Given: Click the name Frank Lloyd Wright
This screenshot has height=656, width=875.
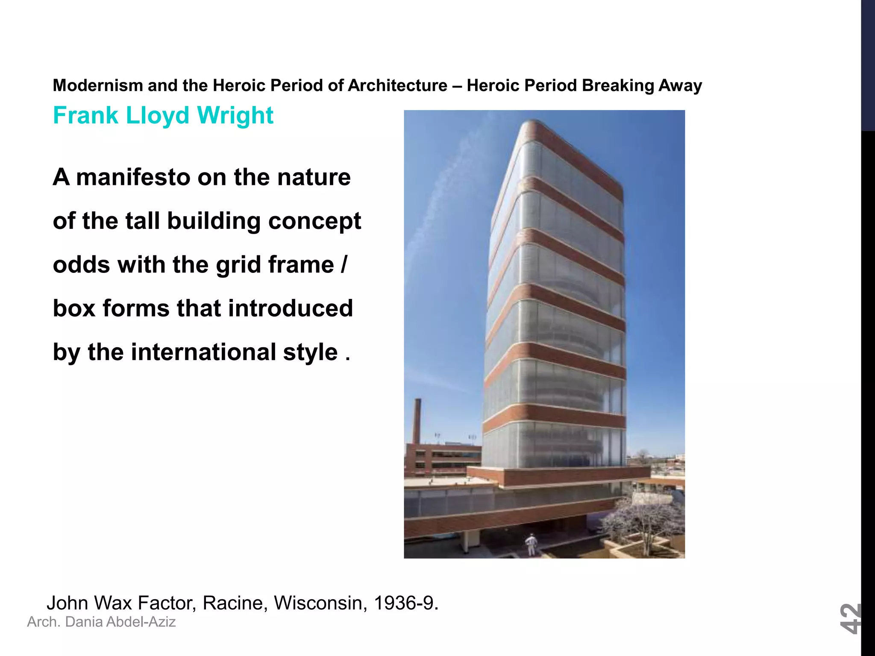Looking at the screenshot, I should pos(163,115).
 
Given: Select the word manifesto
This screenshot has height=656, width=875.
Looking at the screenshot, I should pos(133,177).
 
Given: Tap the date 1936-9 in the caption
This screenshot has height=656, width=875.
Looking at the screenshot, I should pos(405,603).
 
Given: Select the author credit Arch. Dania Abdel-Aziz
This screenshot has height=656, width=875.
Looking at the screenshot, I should pos(101,622).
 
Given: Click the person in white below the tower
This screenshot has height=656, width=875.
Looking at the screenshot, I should pos(531,545).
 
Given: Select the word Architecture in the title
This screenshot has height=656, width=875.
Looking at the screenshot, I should pos(397,85).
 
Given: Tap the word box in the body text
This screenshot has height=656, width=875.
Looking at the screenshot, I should pos(74,308).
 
